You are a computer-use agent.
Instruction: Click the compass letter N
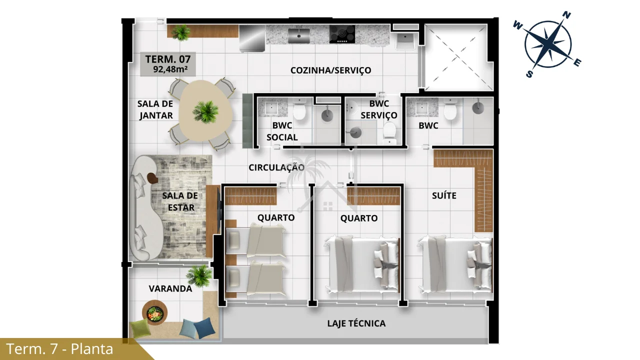(x=566, y=15)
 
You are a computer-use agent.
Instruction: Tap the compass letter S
(x=529, y=74)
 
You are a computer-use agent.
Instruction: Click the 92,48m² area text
(x=170, y=69)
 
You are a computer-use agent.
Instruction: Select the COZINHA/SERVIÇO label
(x=330, y=70)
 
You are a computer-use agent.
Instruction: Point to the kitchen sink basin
(x=299, y=35)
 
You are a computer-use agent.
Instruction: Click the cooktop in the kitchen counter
(x=342, y=34)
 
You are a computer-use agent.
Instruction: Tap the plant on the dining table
(x=205, y=111)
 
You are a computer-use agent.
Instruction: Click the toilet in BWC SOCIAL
(x=299, y=109)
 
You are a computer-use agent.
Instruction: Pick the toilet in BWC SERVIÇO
(x=389, y=133)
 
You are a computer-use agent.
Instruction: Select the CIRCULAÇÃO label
(x=276, y=167)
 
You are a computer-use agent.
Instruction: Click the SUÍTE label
(x=444, y=195)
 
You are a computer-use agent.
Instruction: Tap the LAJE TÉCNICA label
(x=356, y=323)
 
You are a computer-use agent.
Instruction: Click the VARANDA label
(x=170, y=288)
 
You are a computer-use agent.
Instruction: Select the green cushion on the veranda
(x=139, y=328)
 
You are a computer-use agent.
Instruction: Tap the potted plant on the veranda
(x=199, y=275)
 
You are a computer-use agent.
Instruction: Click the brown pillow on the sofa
(x=152, y=178)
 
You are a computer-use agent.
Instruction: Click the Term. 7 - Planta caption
(x=59, y=349)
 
